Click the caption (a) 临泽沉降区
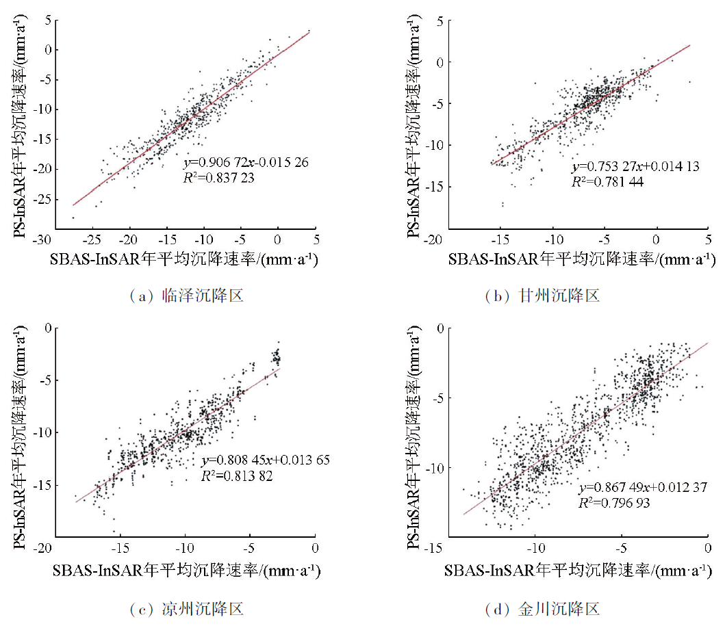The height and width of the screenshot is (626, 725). pyautogui.click(x=186, y=296)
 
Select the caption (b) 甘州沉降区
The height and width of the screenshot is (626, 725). pyautogui.click(x=542, y=296)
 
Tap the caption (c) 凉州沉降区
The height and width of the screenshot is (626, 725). pyautogui.click(x=186, y=608)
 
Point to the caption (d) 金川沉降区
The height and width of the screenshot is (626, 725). pyautogui.click(x=542, y=608)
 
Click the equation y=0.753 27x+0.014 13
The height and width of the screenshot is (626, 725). pyautogui.click(x=635, y=167)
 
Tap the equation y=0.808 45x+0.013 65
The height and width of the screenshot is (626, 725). pyautogui.click(x=266, y=460)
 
